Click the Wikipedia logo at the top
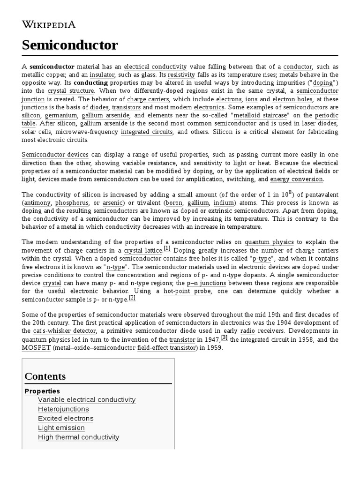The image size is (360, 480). [49, 24]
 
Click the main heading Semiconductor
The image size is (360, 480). [70, 45]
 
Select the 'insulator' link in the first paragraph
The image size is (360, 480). [102, 75]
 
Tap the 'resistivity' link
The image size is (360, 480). [181, 75]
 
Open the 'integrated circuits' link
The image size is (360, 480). [147, 132]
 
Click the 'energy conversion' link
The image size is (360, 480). [296, 179]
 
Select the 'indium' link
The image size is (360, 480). [224, 203]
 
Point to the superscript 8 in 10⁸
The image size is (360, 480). [291, 192]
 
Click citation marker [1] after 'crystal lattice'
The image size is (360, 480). [167, 248]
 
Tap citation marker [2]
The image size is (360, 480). [132, 297]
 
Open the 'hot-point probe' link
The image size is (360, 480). [187, 291]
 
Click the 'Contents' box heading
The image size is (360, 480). [45, 376]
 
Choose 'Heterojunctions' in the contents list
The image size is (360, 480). [63, 409]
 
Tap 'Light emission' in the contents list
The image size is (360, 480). [61, 428]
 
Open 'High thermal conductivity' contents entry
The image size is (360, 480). [79, 437]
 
